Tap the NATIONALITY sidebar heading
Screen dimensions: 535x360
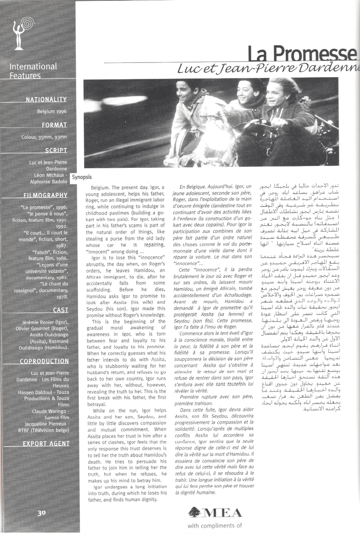(46, 100)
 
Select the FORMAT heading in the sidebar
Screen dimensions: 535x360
(54, 125)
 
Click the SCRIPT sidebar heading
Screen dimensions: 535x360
(56, 150)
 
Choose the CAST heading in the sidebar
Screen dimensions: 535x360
(61, 310)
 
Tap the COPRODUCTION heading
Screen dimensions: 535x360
(44, 361)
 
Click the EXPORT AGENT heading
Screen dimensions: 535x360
(46, 444)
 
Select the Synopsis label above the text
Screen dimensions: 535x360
(81, 177)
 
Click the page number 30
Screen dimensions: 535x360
(42, 513)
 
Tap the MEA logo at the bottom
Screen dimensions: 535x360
(215, 512)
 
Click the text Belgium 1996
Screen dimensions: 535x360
(52, 112)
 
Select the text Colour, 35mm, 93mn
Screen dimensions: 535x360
(44, 137)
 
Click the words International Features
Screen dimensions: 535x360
(33, 71)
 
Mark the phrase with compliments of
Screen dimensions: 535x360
(214, 526)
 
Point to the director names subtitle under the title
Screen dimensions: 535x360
(268, 69)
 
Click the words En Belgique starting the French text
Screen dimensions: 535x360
(192, 186)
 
